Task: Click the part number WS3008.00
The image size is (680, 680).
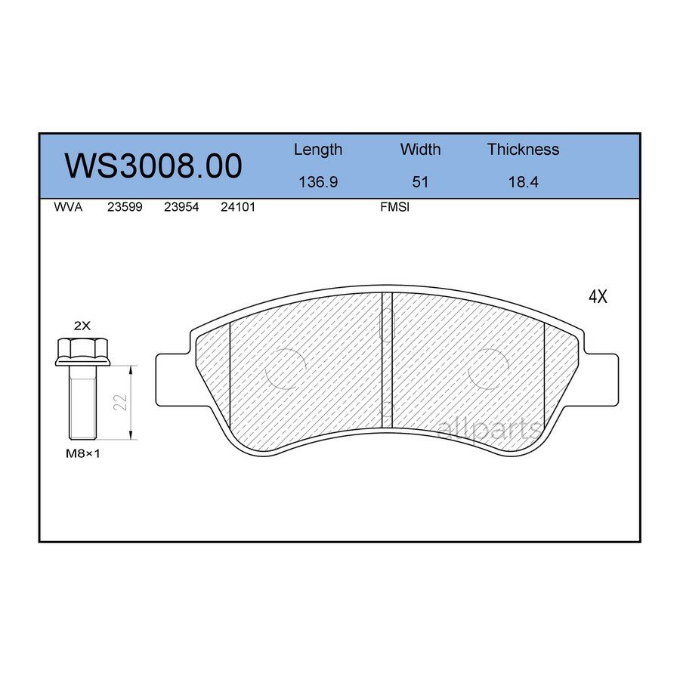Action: point(153,165)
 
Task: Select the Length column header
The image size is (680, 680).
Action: point(317,150)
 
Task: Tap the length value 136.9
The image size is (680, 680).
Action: point(317,182)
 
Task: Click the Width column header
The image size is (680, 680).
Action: point(420,150)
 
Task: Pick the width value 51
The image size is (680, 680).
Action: point(420,182)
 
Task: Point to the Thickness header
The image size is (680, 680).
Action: point(523,150)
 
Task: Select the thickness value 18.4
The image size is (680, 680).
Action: point(523,182)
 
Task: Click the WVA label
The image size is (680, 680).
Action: point(68,207)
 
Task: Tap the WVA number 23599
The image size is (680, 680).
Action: point(125,207)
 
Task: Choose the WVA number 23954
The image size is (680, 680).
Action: point(181,207)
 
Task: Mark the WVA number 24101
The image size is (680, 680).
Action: point(237,207)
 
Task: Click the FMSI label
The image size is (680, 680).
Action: point(394,207)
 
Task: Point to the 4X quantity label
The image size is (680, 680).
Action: point(597,297)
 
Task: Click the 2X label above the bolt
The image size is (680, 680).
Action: point(82,326)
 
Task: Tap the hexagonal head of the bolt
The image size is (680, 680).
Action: point(82,351)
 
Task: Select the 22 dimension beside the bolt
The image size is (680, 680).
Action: point(120,403)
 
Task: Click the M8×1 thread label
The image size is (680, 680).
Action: point(83,453)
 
